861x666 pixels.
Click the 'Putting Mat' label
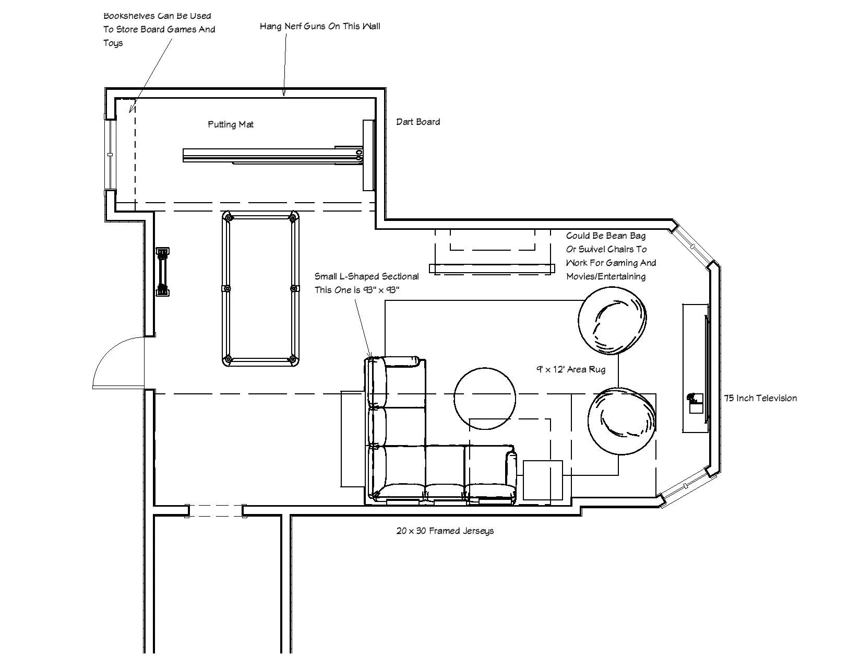[x=231, y=124]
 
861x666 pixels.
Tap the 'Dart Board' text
[x=418, y=122]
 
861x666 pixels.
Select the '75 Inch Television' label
[x=760, y=398]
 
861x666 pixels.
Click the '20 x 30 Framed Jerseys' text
[x=445, y=531]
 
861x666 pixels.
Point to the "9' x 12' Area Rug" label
[x=571, y=369]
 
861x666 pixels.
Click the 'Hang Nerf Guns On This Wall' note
[x=320, y=26]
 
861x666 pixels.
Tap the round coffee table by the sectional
[x=485, y=399]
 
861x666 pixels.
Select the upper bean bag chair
[x=613, y=321]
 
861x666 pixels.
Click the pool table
[x=260, y=288]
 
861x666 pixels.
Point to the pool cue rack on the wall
[x=163, y=272]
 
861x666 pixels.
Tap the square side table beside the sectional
[x=543, y=480]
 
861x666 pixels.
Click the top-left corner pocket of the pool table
[x=228, y=217]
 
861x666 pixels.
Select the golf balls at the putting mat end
[x=359, y=154]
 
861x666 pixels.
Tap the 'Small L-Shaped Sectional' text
[x=366, y=276]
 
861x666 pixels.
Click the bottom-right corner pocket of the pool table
[x=293, y=359]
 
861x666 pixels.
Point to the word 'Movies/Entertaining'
[x=606, y=276]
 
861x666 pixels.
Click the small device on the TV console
[x=694, y=400]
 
